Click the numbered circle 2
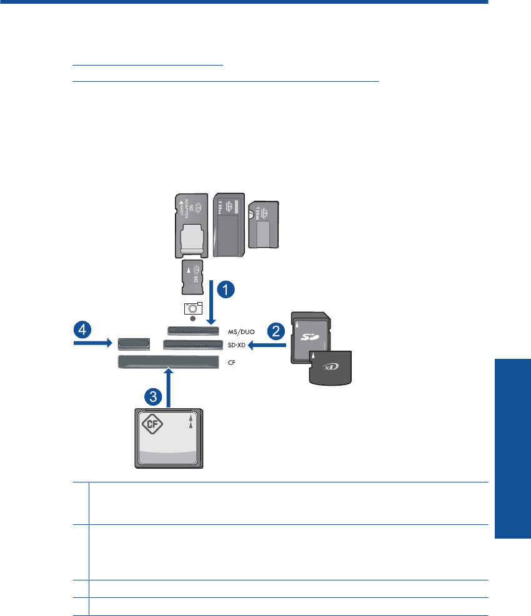click(276, 331)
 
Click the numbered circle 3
click(154, 395)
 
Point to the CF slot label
click(231, 361)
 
